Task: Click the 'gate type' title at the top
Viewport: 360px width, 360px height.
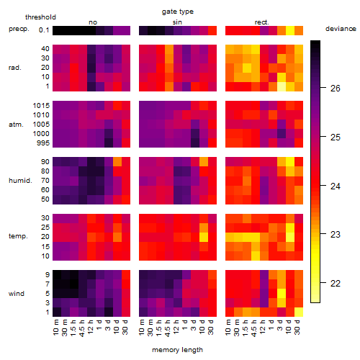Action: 178,12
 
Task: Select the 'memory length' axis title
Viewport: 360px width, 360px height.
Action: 177,350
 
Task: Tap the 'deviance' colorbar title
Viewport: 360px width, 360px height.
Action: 341,29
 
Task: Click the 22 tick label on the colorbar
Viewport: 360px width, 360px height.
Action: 336,284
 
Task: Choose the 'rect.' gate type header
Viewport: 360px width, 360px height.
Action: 261,22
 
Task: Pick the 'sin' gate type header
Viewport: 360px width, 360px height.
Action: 177,22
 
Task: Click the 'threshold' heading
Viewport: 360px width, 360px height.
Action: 40,17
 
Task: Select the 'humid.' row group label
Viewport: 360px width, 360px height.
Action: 20,181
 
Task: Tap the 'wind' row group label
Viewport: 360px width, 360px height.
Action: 17,294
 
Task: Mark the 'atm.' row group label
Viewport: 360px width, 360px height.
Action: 16,125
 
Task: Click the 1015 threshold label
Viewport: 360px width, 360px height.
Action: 41,106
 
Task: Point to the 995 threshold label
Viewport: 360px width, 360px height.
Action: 43,143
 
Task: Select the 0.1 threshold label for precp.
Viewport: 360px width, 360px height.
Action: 44,30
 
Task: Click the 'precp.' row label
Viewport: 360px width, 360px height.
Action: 19,29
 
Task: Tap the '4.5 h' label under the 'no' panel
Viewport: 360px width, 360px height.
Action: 81,328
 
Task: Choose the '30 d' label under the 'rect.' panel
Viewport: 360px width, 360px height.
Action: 297,327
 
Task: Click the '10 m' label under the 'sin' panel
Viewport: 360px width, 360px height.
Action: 142,328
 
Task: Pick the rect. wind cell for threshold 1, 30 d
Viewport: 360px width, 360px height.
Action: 299,312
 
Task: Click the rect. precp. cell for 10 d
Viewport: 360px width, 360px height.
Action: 290,30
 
